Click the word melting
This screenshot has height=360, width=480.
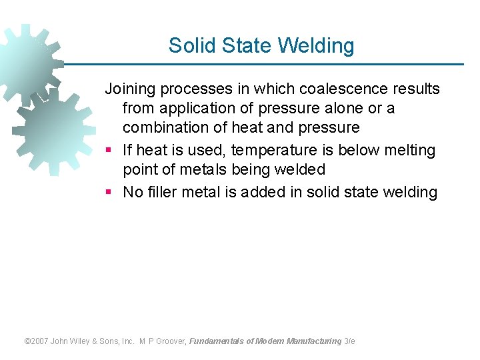408,150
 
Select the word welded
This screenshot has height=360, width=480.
300,169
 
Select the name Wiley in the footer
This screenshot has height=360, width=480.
85,341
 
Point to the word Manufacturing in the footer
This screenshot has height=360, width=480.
313,341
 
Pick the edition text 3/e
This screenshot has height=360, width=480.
349,341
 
